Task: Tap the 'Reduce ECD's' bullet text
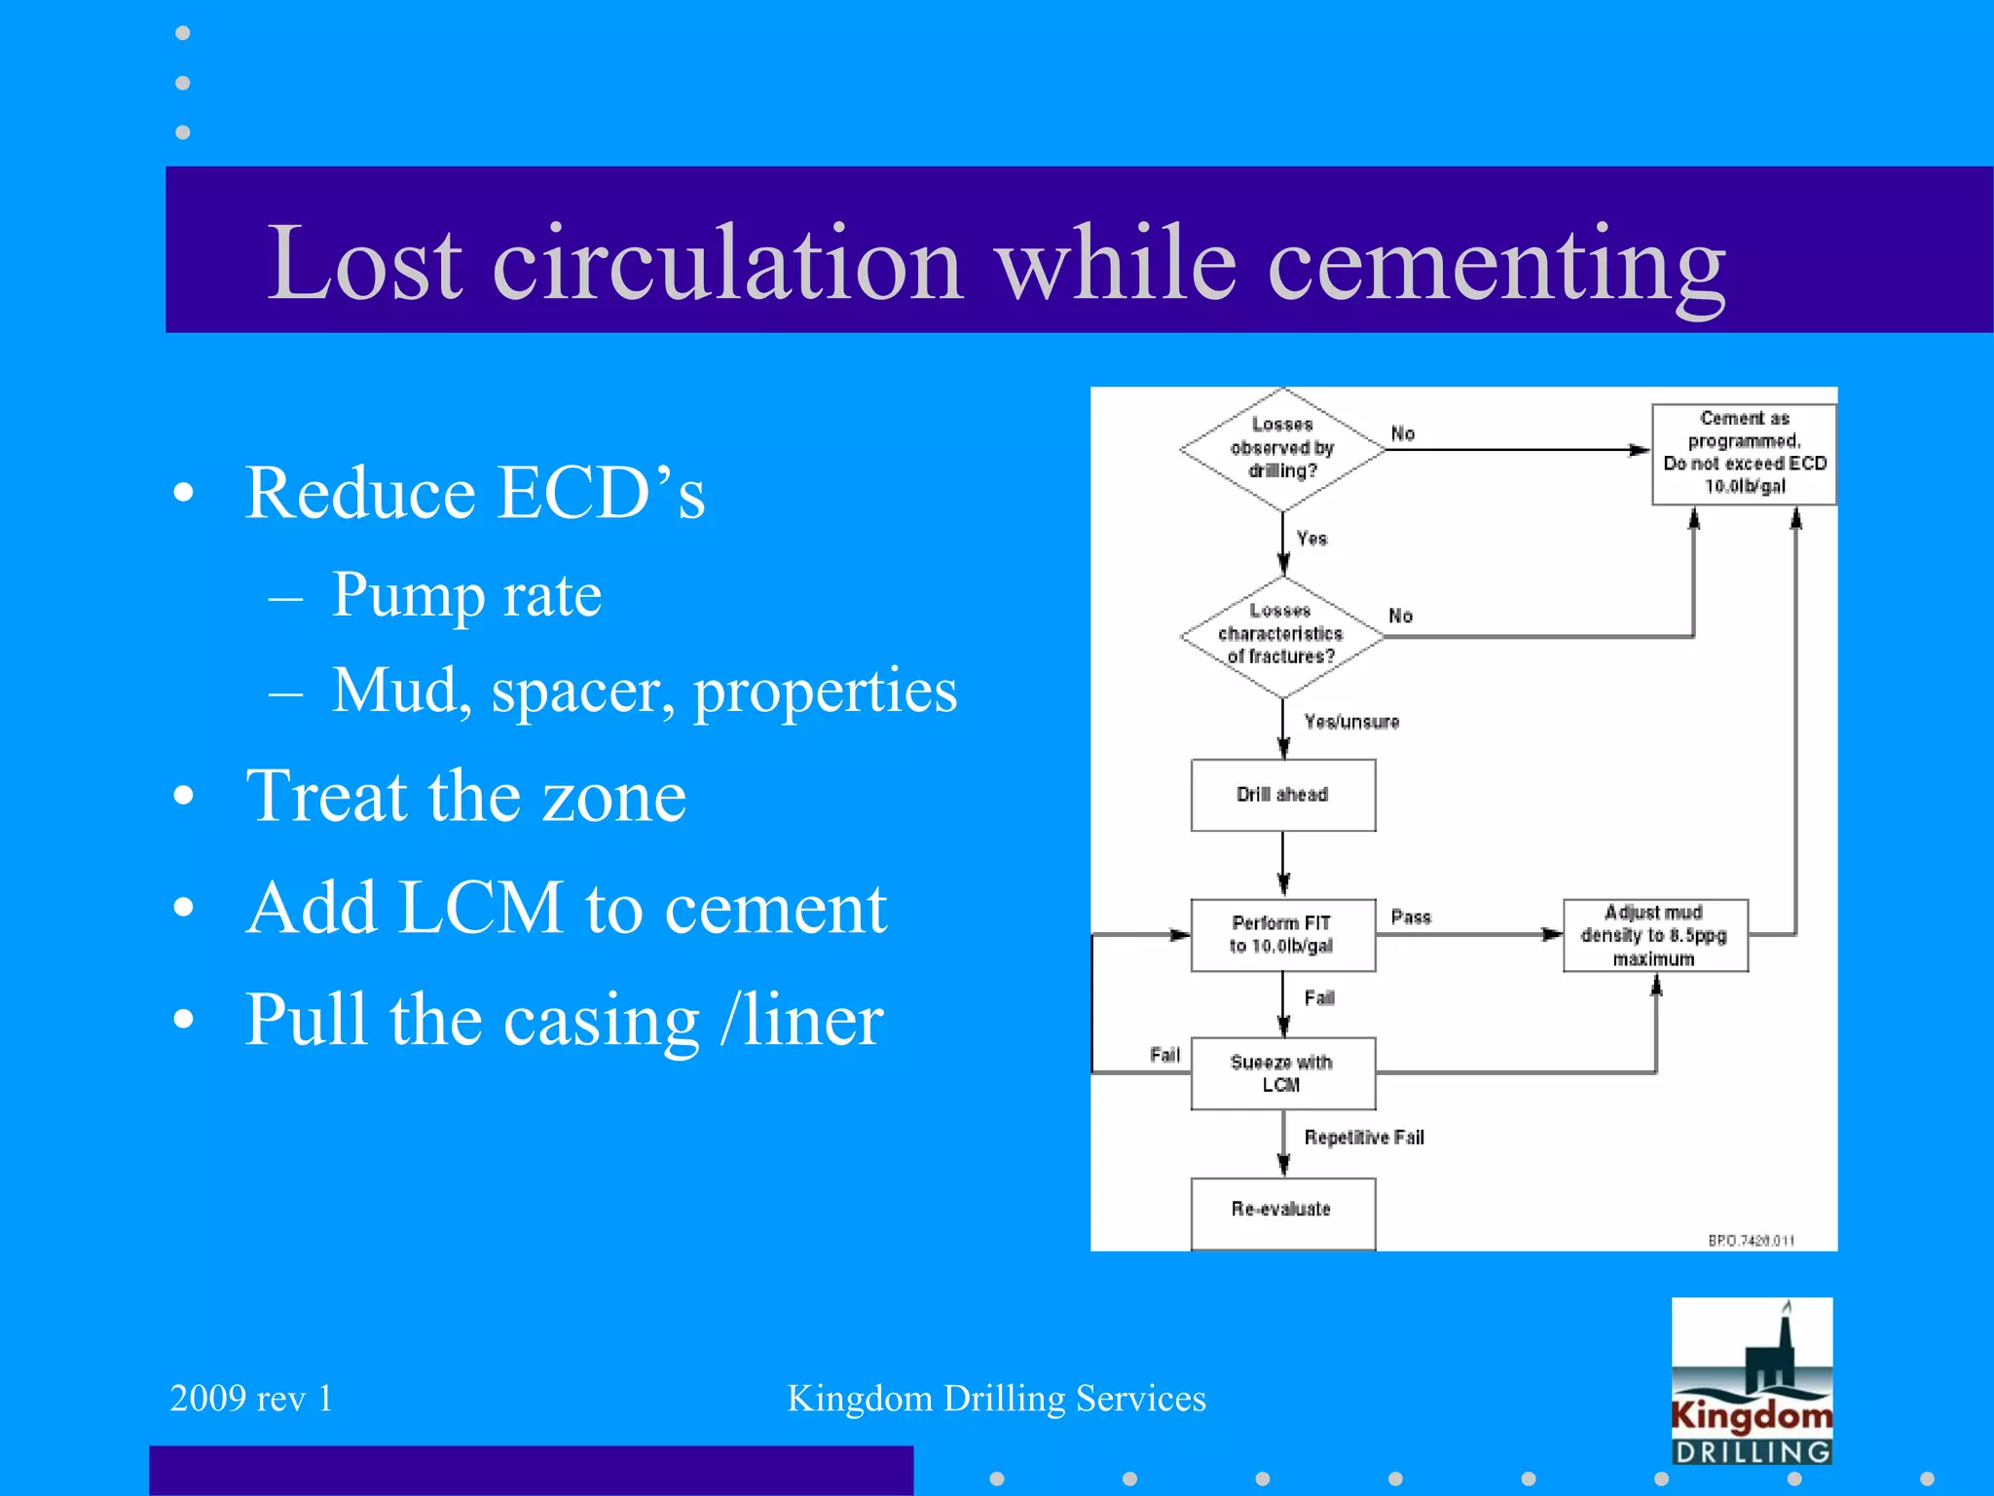(x=474, y=493)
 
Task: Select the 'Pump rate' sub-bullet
(x=466, y=595)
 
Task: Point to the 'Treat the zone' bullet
(x=465, y=797)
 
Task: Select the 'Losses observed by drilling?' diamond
(x=1282, y=449)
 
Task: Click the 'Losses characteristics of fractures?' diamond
(x=1281, y=635)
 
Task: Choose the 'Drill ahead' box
(x=1282, y=795)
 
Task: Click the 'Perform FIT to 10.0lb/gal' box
(x=1282, y=935)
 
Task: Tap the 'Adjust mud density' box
(x=1654, y=936)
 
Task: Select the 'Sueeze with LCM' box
(x=1282, y=1073)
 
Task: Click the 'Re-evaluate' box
(x=1282, y=1211)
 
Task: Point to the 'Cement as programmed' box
(x=1744, y=453)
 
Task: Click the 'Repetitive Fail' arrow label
(x=1364, y=1138)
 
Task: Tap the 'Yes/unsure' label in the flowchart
(x=1351, y=722)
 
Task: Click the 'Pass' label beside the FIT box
(x=1411, y=917)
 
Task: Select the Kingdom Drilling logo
(x=1752, y=1381)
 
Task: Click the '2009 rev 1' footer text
(x=251, y=1399)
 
